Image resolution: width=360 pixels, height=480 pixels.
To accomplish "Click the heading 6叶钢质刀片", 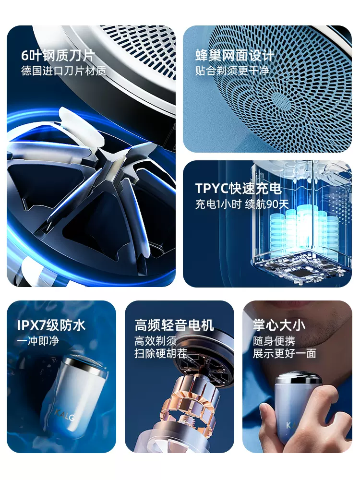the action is tap(58, 56).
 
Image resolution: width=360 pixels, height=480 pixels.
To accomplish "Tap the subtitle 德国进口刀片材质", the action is tap(64, 71).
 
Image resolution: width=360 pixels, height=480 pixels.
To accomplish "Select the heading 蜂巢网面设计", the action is tap(235, 56).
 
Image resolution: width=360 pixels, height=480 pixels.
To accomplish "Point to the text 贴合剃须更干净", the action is tap(232, 71).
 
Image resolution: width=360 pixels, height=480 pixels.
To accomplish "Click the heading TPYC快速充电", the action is tap(238, 188).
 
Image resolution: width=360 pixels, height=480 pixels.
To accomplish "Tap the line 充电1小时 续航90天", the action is tap(242, 204).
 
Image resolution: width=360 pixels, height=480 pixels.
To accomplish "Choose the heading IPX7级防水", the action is tap(51, 325).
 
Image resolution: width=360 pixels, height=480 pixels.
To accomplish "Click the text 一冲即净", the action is tap(38, 341).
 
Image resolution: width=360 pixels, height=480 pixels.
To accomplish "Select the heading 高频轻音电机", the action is tap(174, 325).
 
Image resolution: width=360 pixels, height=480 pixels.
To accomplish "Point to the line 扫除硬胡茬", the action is tap(160, 354).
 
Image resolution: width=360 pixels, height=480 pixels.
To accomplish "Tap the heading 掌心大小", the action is tap(279, 325).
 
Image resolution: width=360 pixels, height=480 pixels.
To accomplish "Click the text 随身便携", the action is tap(274, 341).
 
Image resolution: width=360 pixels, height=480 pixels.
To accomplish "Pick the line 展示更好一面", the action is tap(284, 354).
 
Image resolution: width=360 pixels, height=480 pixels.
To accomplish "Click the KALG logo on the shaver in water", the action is tap(65, 415).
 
